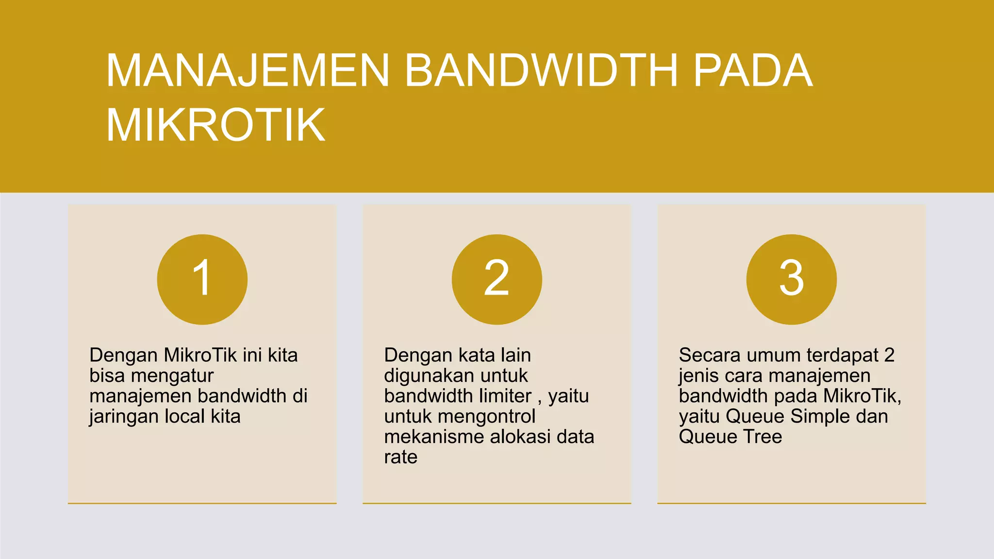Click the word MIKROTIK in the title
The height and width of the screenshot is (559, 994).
215,125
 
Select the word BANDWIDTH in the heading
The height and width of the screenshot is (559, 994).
541,71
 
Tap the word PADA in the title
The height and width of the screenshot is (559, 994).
753,71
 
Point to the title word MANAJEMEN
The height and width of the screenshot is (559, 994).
248,71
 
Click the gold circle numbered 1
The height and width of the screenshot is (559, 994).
202,279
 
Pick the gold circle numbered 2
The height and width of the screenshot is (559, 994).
497,279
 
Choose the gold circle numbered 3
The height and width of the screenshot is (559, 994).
791,279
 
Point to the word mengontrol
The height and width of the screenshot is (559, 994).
486,417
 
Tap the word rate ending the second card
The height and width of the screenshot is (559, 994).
400,458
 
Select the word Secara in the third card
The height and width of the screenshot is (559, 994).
710,355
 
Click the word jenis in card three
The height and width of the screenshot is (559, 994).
699,376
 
